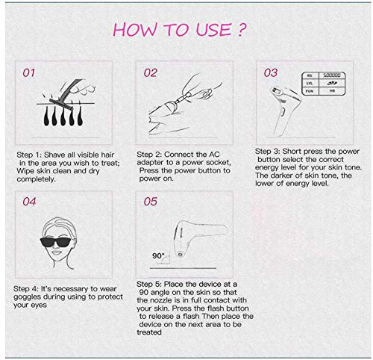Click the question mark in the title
(x=241, y=30)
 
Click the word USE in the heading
(x=213, y=30)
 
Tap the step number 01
(x=28, y=72)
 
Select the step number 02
(x=150, y=72)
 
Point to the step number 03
(x=271, y=72)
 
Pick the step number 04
(x=29, y=202)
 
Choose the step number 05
(x=150, y=202)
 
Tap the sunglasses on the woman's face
(x=55, y=242)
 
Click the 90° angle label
(x=158, y=255)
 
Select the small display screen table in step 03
(x=324, y=84)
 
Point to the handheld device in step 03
(x=285, y=111)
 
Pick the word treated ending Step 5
(x=149, y=332)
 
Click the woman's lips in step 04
(x=56, y=252)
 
